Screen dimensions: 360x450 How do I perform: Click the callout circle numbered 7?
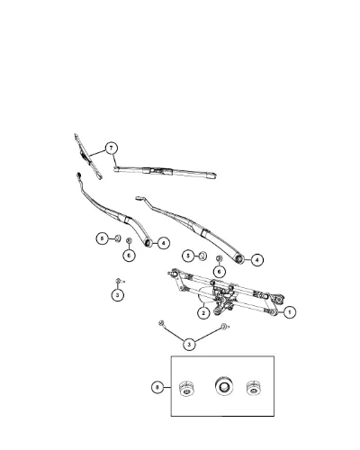pos(112,148)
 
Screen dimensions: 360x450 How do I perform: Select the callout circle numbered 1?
pos(290,312)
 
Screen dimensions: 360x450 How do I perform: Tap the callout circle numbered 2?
pos(203,313)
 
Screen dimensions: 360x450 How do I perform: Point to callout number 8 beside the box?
pos(157,387)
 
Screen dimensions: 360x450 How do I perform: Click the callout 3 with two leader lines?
pos(189,344)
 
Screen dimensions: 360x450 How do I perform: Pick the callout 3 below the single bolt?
pos(118,295)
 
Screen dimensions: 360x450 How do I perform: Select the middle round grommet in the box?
pos(224,386)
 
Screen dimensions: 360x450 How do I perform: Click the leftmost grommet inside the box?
pos(186,389)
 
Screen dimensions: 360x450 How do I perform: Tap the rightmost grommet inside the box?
pos(253,388)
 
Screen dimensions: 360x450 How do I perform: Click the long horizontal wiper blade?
pos(165,172)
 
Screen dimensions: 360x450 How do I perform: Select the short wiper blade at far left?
pos(88,157)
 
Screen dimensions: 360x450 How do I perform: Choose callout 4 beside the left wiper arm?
pos(164,243)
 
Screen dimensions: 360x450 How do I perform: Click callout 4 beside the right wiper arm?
pos(257,260)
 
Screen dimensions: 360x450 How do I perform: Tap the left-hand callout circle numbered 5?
pos(103,238)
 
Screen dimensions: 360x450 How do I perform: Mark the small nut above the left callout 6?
pos(130,240)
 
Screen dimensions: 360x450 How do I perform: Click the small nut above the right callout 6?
pos(220,258)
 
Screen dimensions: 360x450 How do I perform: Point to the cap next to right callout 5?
pos(202,256)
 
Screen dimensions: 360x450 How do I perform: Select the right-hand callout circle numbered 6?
pos(220,272)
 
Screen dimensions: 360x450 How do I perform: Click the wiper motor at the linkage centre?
pos(222,300)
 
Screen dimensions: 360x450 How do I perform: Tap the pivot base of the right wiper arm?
pos(239,259)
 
